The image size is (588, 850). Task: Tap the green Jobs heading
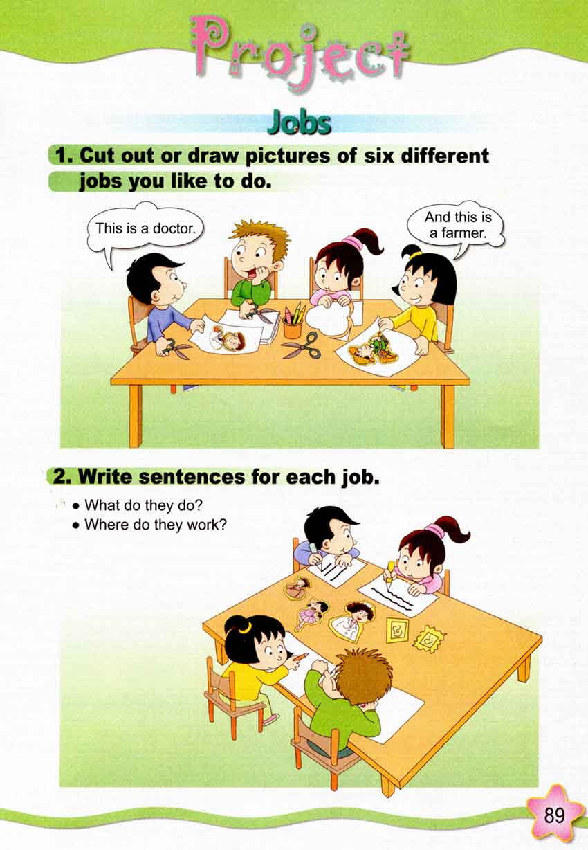(x=299, y=123)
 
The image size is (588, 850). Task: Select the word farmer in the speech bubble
(x=458, y=233)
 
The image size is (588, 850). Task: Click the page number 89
(x=555, y=815)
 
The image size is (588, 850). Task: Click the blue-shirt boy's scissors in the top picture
(x=174, y=347)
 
